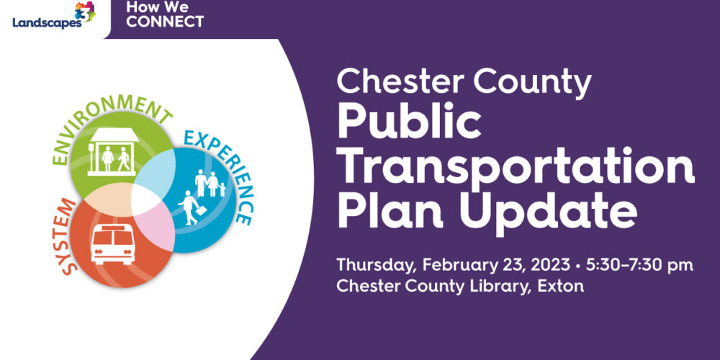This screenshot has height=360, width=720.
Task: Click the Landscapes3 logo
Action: click(54, 16)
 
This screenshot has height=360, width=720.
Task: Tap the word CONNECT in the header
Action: click(165, 22)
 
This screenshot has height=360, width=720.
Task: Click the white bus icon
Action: click(113, 245)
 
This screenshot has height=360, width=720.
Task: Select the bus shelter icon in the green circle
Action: click(114, 152)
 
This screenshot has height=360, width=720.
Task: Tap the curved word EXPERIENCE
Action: click(220, 174)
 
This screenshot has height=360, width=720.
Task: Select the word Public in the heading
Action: click(409, 124)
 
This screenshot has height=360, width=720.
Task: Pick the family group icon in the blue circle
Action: click(210, 183)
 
